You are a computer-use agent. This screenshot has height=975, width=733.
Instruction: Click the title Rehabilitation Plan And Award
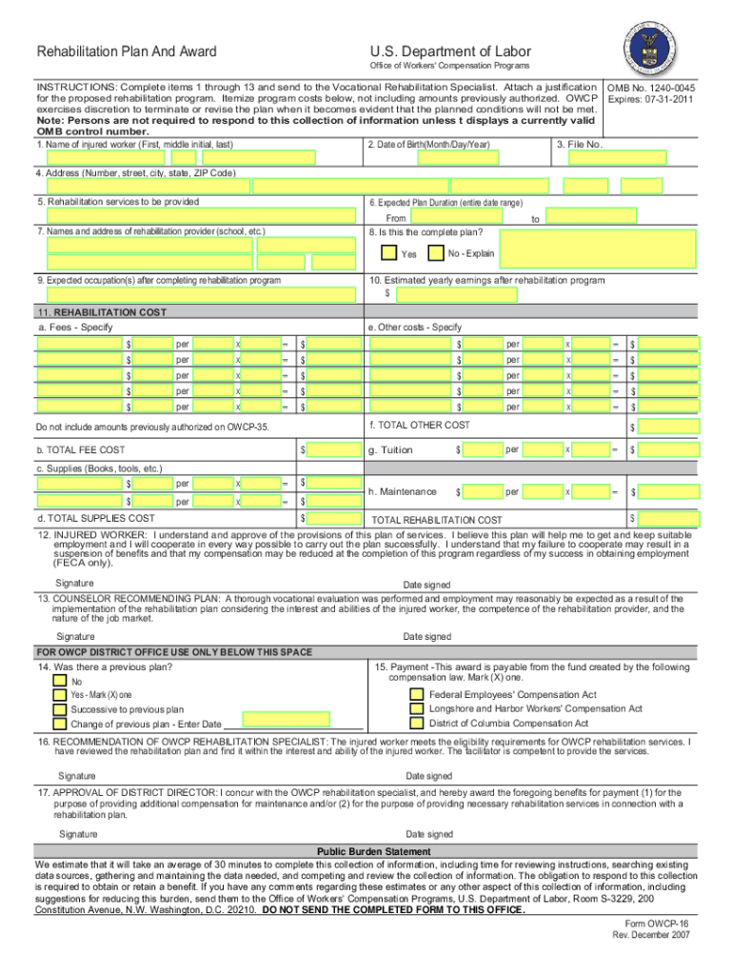coord(126,51)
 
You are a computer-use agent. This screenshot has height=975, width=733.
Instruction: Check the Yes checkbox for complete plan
coord(388,253)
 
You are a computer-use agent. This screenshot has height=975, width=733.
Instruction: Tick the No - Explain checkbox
coord(436,253)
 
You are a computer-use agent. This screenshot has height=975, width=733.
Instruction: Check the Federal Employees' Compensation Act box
coord(416,695)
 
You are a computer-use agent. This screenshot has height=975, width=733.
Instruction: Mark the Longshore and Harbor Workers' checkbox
coord(416,709)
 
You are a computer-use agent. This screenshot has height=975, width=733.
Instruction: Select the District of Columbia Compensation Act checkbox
coord(416,724)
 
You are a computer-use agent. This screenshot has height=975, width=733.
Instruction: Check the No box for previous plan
coord(60,682)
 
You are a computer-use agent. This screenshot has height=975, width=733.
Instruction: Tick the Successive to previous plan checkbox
coord(60,709)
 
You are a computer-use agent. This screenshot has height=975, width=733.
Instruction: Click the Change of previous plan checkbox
coord(60,724)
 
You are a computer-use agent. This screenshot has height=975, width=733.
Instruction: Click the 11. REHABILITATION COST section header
coord(101,312)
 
